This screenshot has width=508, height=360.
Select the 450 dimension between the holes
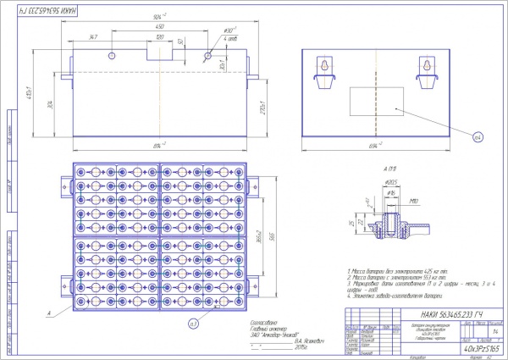[x=159, y=28]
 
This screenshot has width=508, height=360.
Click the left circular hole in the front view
[x=113, y=55]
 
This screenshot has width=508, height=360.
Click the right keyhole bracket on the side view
[x=425, y=70]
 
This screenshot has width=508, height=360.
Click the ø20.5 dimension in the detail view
[x=392, y=182]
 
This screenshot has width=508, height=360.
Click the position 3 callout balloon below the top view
[x=193, y=323]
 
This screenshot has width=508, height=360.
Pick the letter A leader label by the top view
[x=50, y=313]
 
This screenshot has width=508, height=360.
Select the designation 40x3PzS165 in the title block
[x=480, y=347]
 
